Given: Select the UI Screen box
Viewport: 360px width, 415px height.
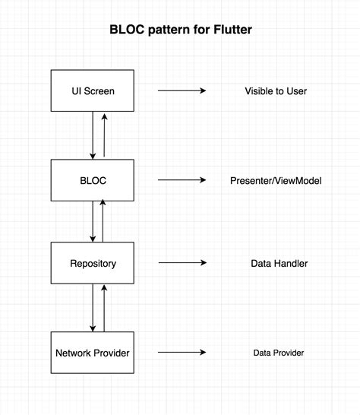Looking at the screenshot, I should pos(93,90).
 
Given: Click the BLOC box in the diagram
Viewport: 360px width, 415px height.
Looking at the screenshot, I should pos(93,180).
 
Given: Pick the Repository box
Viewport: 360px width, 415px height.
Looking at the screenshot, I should pos(93,263).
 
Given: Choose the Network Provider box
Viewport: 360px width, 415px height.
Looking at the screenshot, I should pos(93,353).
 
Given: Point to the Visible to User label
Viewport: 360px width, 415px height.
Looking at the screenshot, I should pos(276,90).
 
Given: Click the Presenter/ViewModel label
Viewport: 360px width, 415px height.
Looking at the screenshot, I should pos(276,180).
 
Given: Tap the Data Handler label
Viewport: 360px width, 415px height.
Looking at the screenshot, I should pos(279,263).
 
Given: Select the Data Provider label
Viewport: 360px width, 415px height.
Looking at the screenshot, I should pos(279,353).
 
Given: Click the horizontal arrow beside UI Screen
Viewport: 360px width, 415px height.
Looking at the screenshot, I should pos(182,90).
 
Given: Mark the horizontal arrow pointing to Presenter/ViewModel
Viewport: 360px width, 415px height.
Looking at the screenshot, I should pos(182,180).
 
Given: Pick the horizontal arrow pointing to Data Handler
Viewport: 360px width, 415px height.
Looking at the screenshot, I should pos(182,263).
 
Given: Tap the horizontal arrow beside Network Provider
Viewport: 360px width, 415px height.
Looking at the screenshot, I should pos(182,353).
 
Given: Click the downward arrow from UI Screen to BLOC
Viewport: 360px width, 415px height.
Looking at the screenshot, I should pos(93,135).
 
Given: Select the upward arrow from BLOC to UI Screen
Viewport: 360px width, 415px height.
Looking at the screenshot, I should pos(104,135).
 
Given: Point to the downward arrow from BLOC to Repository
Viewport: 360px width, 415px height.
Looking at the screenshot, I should pos(93,221).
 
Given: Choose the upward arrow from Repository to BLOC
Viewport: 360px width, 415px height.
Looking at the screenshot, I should pos(103,221).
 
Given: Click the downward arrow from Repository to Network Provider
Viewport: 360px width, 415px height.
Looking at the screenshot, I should pos(93,307).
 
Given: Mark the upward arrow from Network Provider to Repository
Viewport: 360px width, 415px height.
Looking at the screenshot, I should pos(103,307).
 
